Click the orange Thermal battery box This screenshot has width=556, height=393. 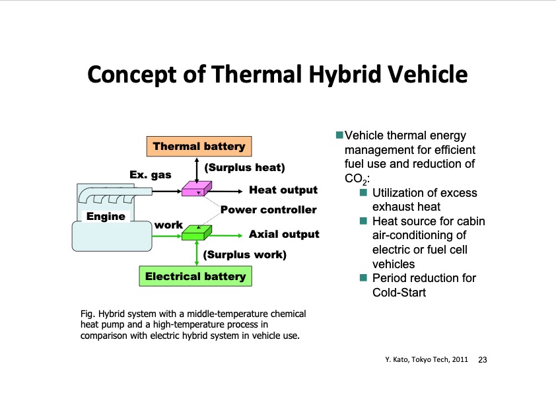[199, 146]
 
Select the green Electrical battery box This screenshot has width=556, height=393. [195, 276]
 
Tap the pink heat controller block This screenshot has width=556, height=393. [196, 189]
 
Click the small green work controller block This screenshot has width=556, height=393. [196, 232]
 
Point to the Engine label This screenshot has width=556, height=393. [106, 217]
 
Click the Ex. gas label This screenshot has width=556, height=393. [151, 174]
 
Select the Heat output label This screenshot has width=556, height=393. [283, 190]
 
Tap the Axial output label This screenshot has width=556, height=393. [284, 234]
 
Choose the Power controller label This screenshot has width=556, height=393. [269, 209]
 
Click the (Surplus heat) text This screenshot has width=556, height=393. [245, 167]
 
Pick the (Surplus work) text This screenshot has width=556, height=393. [245, 254]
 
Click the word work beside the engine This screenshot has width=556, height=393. [168, 225]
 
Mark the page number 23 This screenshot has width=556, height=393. [483, 360]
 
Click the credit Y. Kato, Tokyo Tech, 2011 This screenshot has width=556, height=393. [427, 360]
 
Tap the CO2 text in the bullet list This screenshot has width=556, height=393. [357, 179]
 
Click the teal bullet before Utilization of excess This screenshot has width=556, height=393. [363, 192]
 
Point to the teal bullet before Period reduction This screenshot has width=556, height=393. [363, 277]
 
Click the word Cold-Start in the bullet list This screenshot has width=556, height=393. [399, 292]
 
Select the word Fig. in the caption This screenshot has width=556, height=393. [88, 314]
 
